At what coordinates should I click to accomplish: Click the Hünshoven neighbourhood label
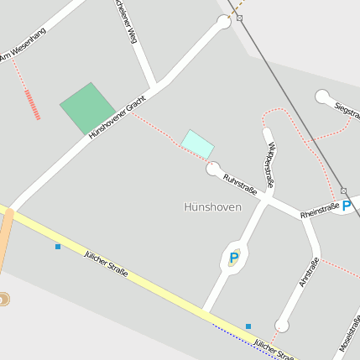[212, 206]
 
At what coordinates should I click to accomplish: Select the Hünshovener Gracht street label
[117, 117]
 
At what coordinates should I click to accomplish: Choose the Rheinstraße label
[320, 211]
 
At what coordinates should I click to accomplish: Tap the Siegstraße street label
[347, 111]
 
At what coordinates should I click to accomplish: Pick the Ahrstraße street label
[308, 273]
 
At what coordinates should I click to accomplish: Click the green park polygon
[87, 107]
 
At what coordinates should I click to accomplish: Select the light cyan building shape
[197, 143]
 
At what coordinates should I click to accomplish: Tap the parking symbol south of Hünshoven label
[234, 258]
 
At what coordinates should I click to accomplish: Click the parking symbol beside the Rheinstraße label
[347, 206]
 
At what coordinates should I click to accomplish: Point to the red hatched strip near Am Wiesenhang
[33, 104]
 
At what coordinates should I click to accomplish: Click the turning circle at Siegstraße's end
[323, 97]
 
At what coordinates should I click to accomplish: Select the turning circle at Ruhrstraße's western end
[213, 168]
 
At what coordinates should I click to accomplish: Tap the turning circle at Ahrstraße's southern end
[282, 326]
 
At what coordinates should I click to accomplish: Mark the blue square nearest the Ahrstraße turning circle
[248, 326]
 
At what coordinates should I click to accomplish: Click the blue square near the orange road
[58, 247]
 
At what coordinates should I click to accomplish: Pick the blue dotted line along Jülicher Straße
[236, 335]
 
